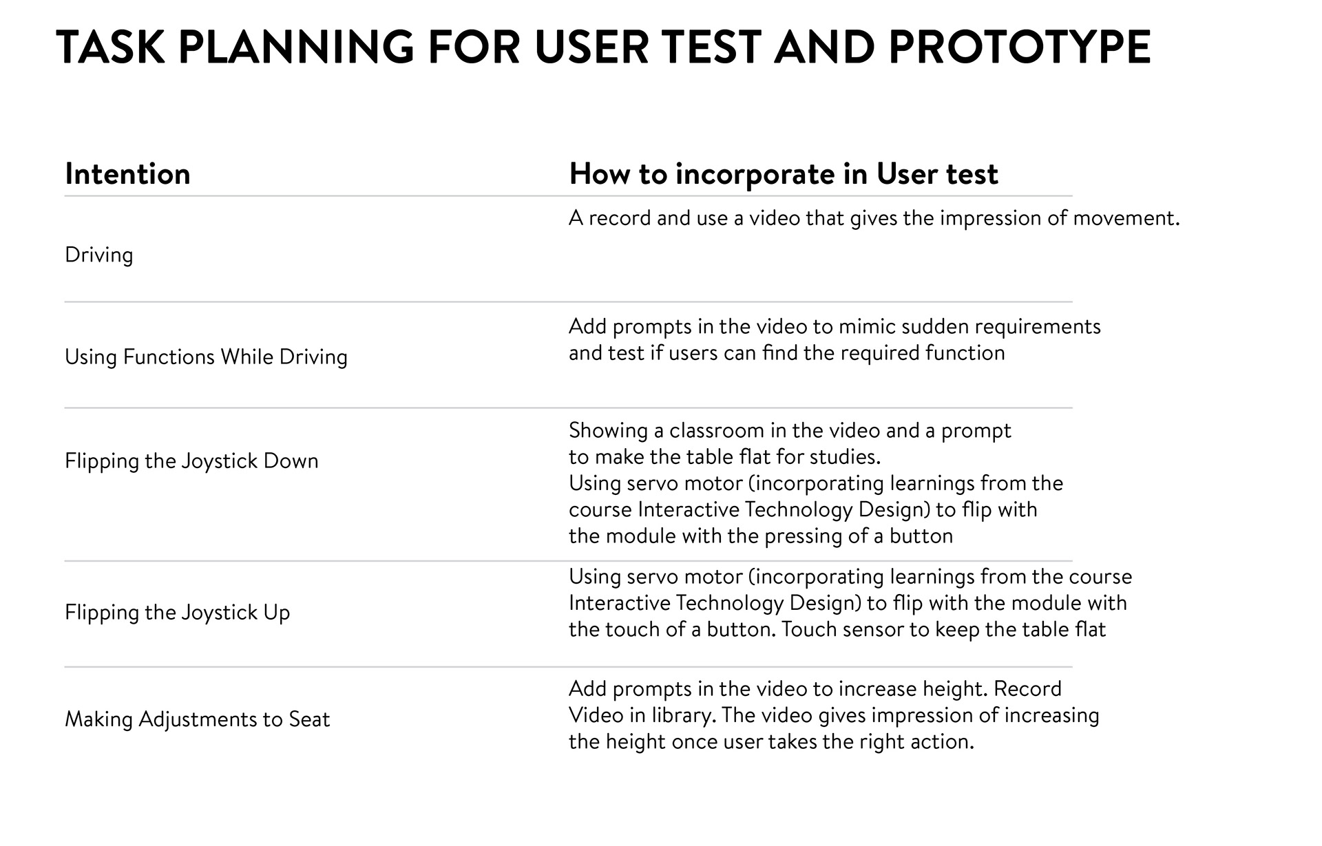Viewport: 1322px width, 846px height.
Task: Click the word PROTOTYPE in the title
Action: click(1019, 47)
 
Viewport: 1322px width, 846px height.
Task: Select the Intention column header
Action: click(127, 174)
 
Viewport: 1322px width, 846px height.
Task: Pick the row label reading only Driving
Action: click(99, 255)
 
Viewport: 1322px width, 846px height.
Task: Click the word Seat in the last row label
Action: click(309, 719)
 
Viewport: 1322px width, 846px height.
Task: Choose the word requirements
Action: click(1038, 327)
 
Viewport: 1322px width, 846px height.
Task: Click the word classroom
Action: click(717, 431)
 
